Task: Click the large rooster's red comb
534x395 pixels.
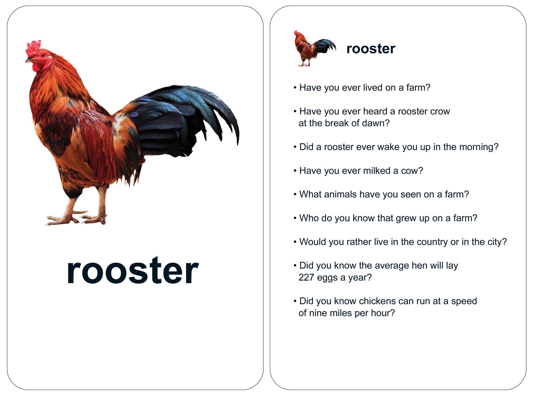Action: pyautogui.click(x=33, y=48)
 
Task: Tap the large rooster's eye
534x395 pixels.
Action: pyautogui.click(x=43, y=55)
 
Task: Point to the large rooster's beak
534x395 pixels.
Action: pyautogui.click(x=29, y=60)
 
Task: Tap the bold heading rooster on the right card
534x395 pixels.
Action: pyautogui.click(x=371, y=49)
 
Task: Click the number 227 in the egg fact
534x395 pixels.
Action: pyautogui.click(x=306, y=277)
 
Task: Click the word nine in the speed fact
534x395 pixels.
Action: pyautogui.click(x=318, y=313)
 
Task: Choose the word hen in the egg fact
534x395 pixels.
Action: pyautogui.click(x=420, y=266)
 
